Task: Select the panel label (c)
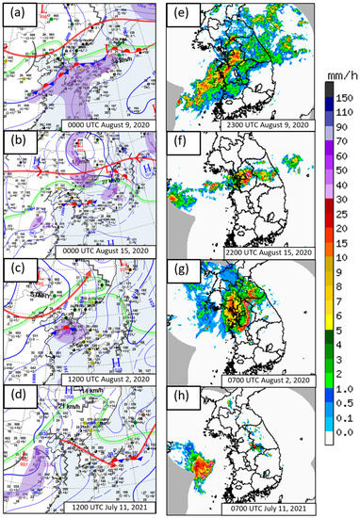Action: click(x=16, y=270)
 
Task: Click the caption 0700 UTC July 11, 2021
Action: click(x=270, y=507)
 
